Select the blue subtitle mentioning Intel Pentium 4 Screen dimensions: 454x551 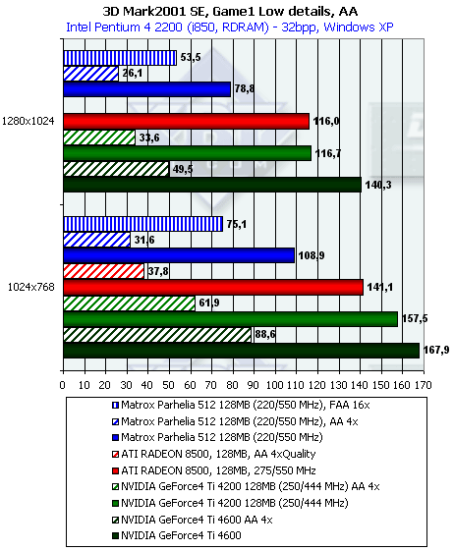tap(230, 28)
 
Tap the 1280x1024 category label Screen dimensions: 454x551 tap(28, 121)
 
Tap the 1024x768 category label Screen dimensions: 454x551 tap(31, 287)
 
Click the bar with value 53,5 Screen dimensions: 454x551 tap(120, 58)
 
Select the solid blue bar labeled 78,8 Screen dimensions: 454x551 tap(147, 89)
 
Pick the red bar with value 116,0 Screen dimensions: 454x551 tap(187, 121)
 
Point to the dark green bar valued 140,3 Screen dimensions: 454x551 tap(212, 185)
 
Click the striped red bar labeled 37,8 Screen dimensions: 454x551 tap(104, 271)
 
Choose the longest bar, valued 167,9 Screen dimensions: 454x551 tap(242, 351)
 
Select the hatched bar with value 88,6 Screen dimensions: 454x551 tap(157, 335)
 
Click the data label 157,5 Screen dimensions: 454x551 tap(415, 319)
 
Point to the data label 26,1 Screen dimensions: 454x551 tap(133, 74)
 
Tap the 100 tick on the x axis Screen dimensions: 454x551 tap(274, 385)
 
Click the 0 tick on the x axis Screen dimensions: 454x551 tap(63, 385)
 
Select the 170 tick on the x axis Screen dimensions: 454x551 tap(424, 385)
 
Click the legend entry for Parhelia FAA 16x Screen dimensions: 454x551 tap(241, 406)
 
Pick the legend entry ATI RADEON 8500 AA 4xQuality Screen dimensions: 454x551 tap(214, 454)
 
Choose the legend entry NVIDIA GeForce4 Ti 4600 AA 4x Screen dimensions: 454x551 tap(193, 520)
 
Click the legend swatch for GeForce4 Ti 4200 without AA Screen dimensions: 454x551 tap(115, 503)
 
